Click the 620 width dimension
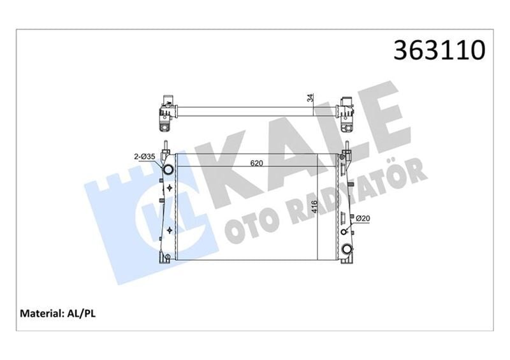(257, 163)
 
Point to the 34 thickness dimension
(310, 98)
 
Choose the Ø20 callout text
(363, 219)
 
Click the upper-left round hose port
(168, 171)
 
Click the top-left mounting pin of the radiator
(165, 146)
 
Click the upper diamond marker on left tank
(169, 188)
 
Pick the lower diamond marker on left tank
(169, 229)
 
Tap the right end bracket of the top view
(347, 109)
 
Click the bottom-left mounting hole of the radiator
(166, 257)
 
